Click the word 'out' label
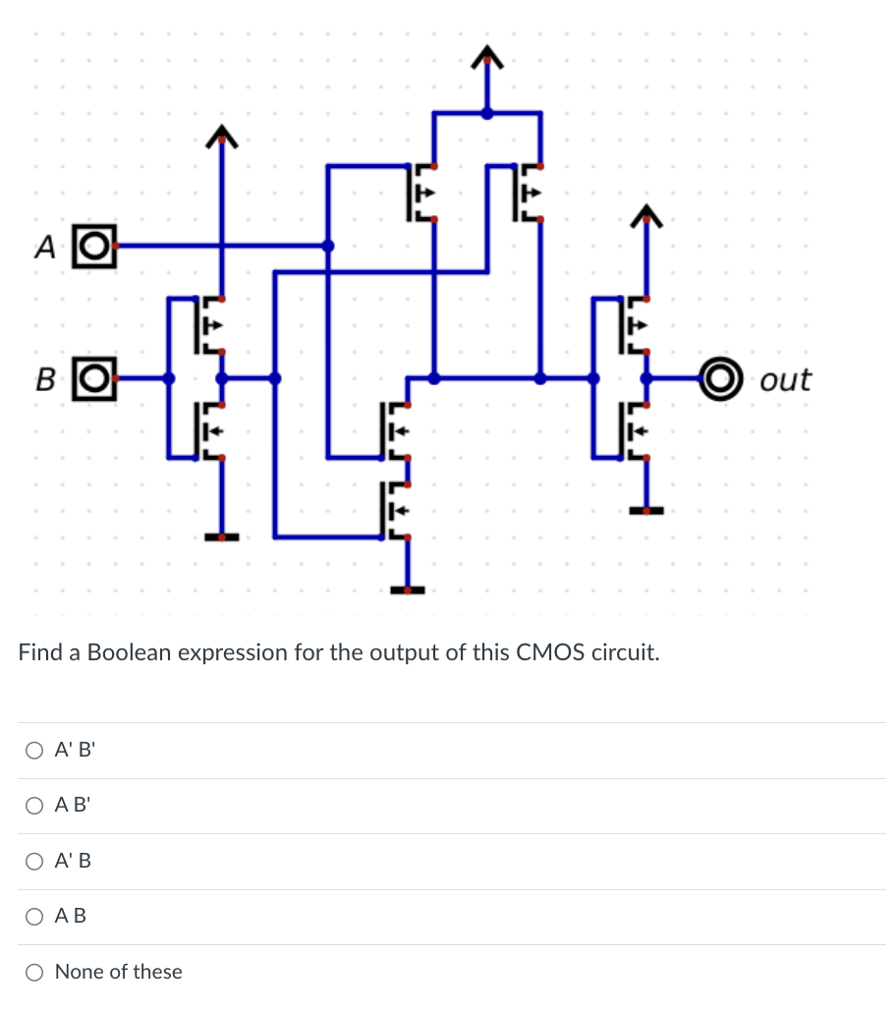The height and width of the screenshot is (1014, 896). point(785,379)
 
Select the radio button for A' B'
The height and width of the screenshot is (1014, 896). point(34,751)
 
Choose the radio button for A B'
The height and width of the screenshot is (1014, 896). point(34,806)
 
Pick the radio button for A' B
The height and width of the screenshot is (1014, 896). point(34,862)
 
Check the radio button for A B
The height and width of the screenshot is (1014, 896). point(34,917)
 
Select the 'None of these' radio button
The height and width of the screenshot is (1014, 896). point(34,973)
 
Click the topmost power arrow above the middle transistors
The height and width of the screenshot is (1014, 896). point(486,61)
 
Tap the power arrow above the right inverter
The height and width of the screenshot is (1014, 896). point(645,215)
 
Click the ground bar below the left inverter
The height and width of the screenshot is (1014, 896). point(222,536)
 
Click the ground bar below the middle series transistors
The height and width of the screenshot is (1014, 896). point(408,590)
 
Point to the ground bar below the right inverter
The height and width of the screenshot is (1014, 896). point(645,511)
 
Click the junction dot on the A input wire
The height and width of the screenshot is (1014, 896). point(328,246)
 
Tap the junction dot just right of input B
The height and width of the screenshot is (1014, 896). point(168,377)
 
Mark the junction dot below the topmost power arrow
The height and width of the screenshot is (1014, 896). point(486,113)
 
